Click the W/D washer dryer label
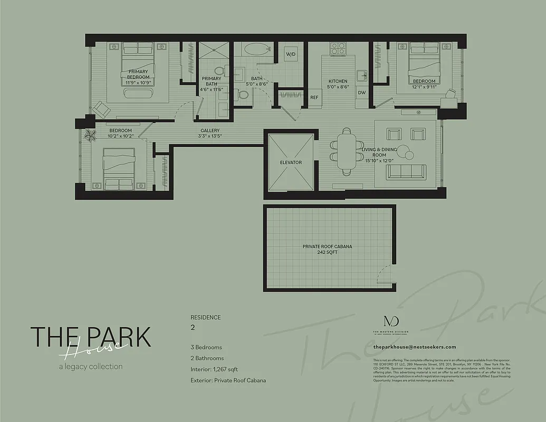pyautogui.click(x=290, y=55)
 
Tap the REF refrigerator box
pyautogui.click(x=314, y=98)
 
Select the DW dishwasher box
pyautogui.click(x=361, y=93)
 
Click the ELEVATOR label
pyautogui.click(x=291, y=162)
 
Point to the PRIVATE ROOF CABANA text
pyautogui.click(x=327, y=246)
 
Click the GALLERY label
pyautogui.click(x=210, y=131)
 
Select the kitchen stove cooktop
pyautogui.click(x=337, y=49)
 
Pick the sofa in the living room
pyautogui.click(x=406, y=171)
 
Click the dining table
pyautogui.click(x=346, y=151)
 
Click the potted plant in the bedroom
pyautogui.click(x=90, y=135)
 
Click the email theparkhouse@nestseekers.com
pyautogui.click(x=414, y=347)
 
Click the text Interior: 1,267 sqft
pyautogui.click(x=215, y=369)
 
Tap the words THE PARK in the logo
pyautogui.click(x=90, y=337)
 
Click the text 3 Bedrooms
pyautogui.click(x=206, y=348)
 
